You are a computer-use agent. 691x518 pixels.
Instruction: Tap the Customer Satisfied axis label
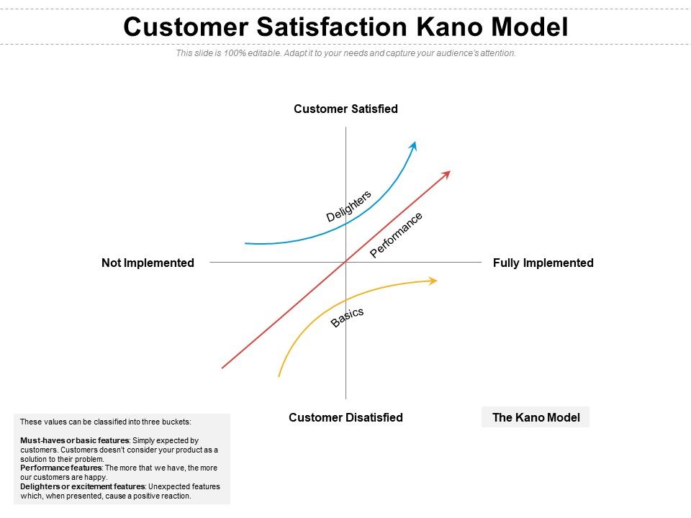[345, 109]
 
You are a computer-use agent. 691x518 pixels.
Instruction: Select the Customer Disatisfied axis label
[345, 417]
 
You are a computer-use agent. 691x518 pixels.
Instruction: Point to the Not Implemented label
[148, 263]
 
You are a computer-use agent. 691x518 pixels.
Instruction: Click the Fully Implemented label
[543, 263]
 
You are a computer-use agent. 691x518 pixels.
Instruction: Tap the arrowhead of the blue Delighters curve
[414, 145]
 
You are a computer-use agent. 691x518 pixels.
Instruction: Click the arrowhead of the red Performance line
[447, 173]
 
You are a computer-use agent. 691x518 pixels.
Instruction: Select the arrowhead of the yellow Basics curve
[433, 281]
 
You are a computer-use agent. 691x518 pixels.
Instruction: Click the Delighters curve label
[349, 206]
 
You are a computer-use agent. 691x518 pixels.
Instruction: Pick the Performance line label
[396, 235]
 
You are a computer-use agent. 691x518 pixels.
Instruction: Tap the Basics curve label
[348, 317]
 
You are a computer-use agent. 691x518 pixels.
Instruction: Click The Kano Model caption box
[536, 417]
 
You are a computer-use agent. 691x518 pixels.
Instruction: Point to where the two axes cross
[346, 263]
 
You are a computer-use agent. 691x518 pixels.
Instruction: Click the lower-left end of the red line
[223, 368]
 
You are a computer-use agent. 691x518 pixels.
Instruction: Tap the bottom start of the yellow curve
[279, 376]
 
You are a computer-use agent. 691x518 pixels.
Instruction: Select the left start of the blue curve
[247, 243]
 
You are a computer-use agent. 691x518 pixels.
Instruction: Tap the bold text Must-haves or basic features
[74, 440]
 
